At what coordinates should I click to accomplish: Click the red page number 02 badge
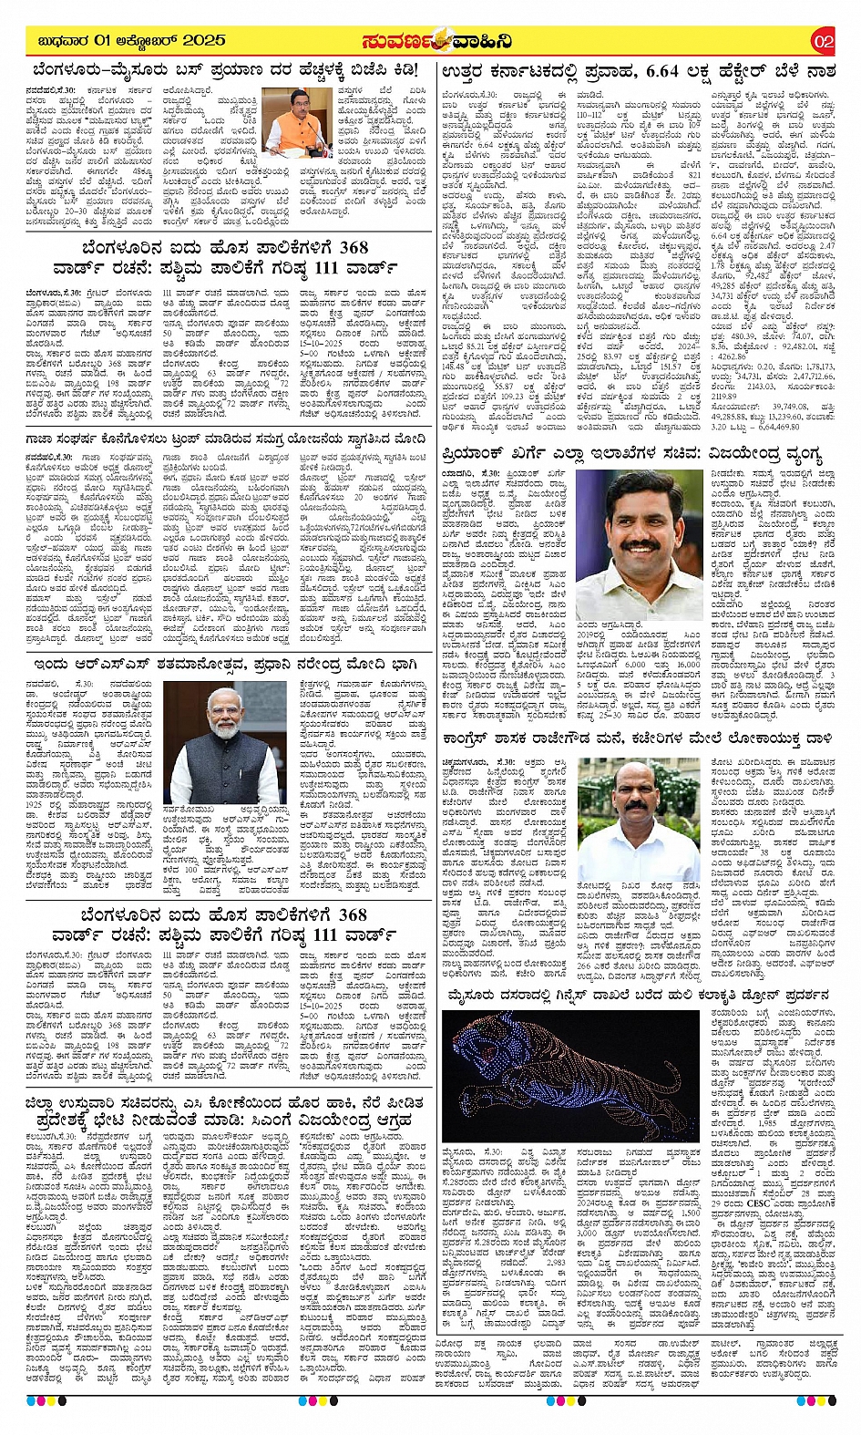[823, 42]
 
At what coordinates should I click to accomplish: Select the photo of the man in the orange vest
[298, 119]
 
